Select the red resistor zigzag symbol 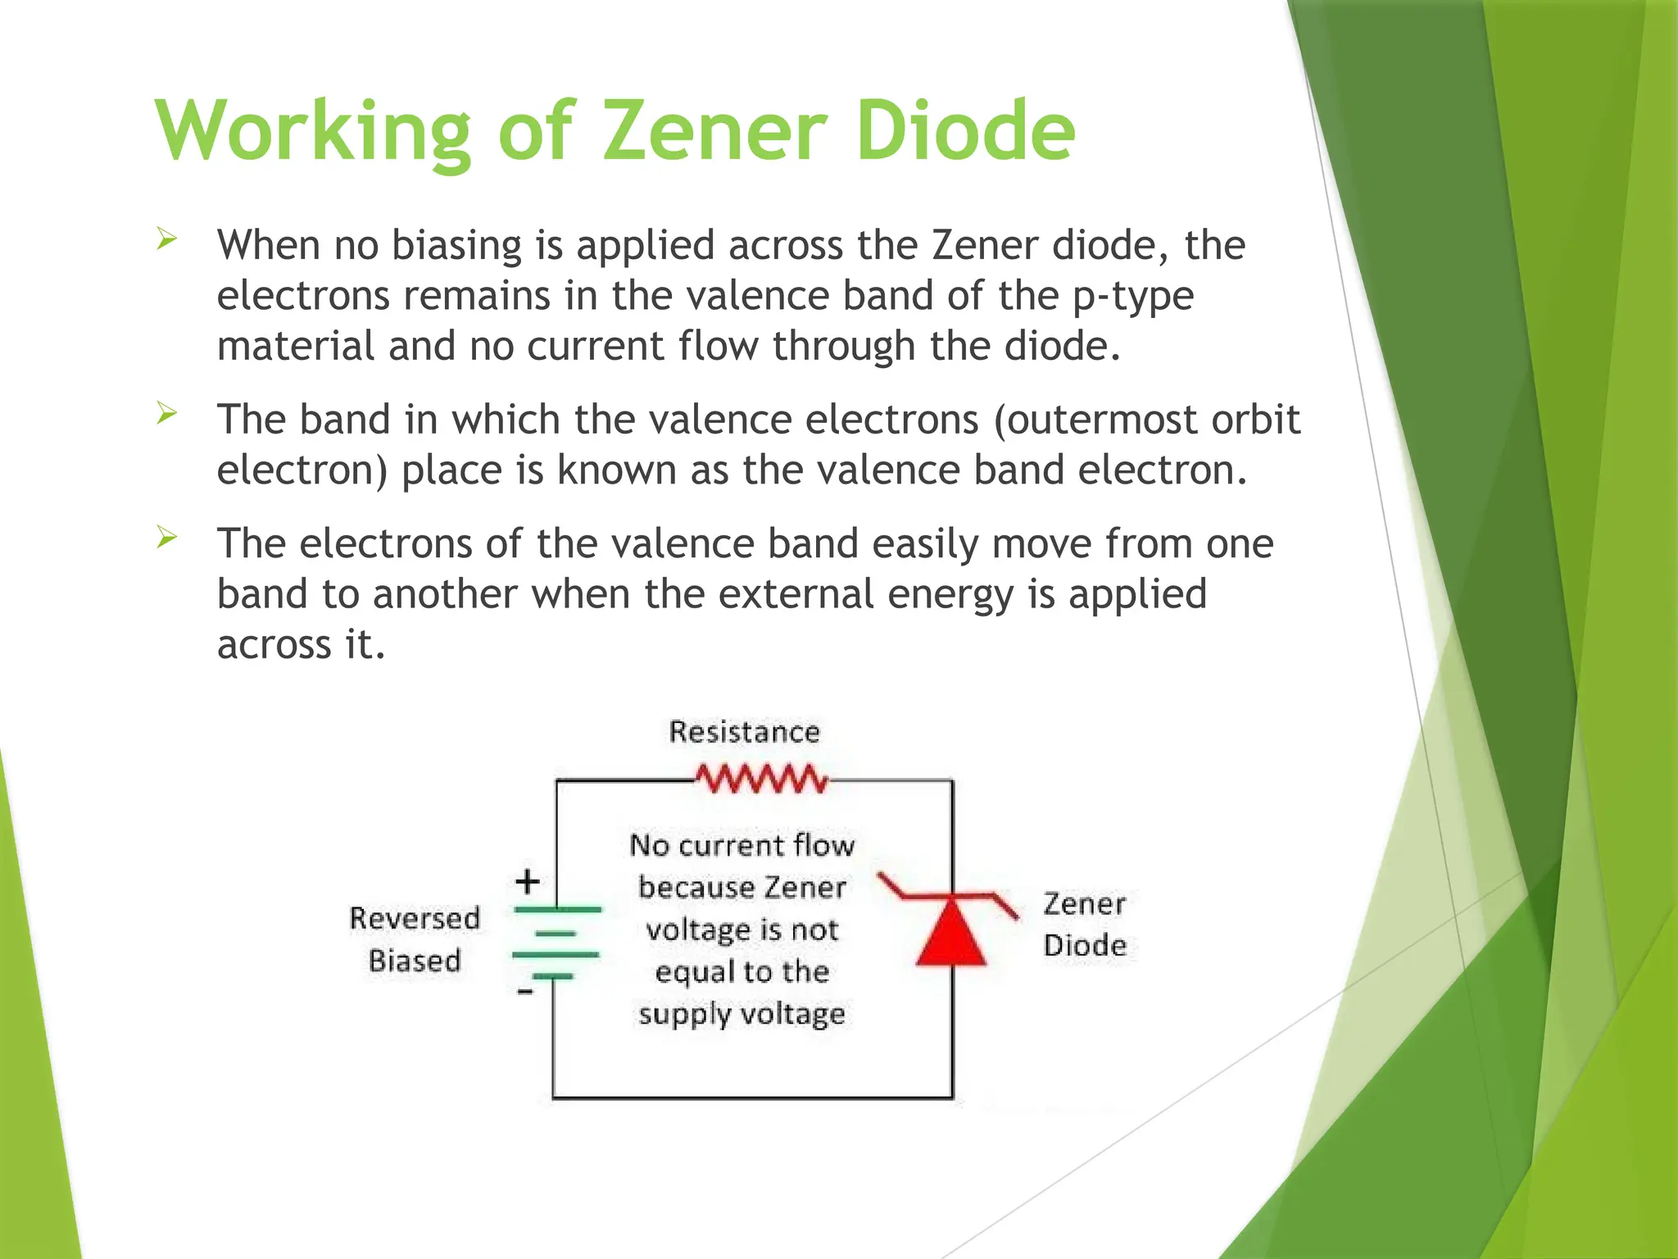pyautogui.click(x=762, y=779)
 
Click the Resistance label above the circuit pyautogui.click(x=744, y=732)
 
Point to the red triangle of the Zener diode pyautogui.click(x=951, y=934)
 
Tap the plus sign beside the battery pyautogui.click(x=528, y=882)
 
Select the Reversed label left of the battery pyautogui.click(x=415, y=918)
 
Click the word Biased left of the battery pyautogui.click(x=415, y=960)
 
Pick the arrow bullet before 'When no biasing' pyautogui.click(x=167, y=239)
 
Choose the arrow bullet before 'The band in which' pyautogui.click(x=167, y=413)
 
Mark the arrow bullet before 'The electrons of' pyautogui.click(x=167, y=538)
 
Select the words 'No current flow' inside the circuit pyautogui.click(x=741, y=845)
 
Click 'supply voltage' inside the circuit pyautogui.click(x=741, y=1014)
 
